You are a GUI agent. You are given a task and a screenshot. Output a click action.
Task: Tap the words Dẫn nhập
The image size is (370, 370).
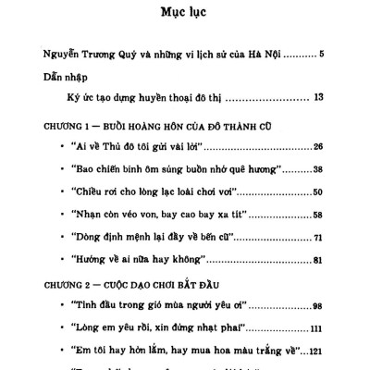(66, 78)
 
